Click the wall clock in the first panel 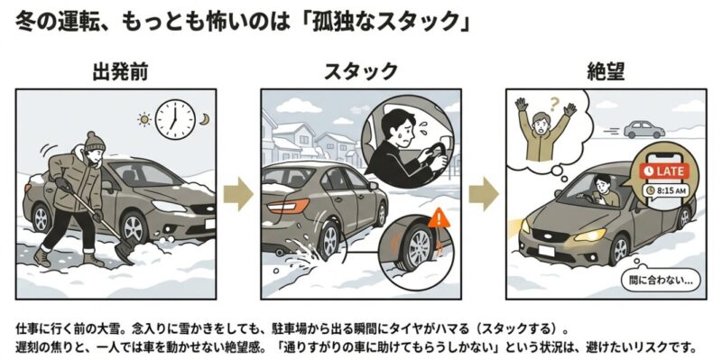coord(175,119)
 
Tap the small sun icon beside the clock coord(144,120)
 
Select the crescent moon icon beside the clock coord(204,119)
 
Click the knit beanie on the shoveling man coord(96,142)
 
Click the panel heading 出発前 coord(121,72)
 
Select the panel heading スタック coord(360,72)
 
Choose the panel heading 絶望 coord(606,72)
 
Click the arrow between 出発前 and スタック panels coord(238,194)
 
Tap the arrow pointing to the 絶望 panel coord(484,194)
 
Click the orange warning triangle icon coord(439,218)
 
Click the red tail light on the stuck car coord(288,207)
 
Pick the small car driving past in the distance coord(643,129)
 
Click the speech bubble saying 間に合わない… coord(658,279)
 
